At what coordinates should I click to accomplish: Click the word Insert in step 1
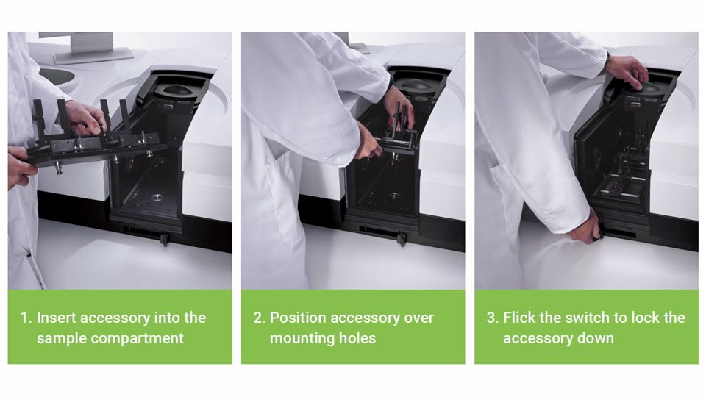[x=57, y=318]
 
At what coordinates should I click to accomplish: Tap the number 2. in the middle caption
[x=260, y=318]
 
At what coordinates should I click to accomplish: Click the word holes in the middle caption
[x=358, y=338]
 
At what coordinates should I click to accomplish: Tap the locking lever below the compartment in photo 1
[x=164, y=240]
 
